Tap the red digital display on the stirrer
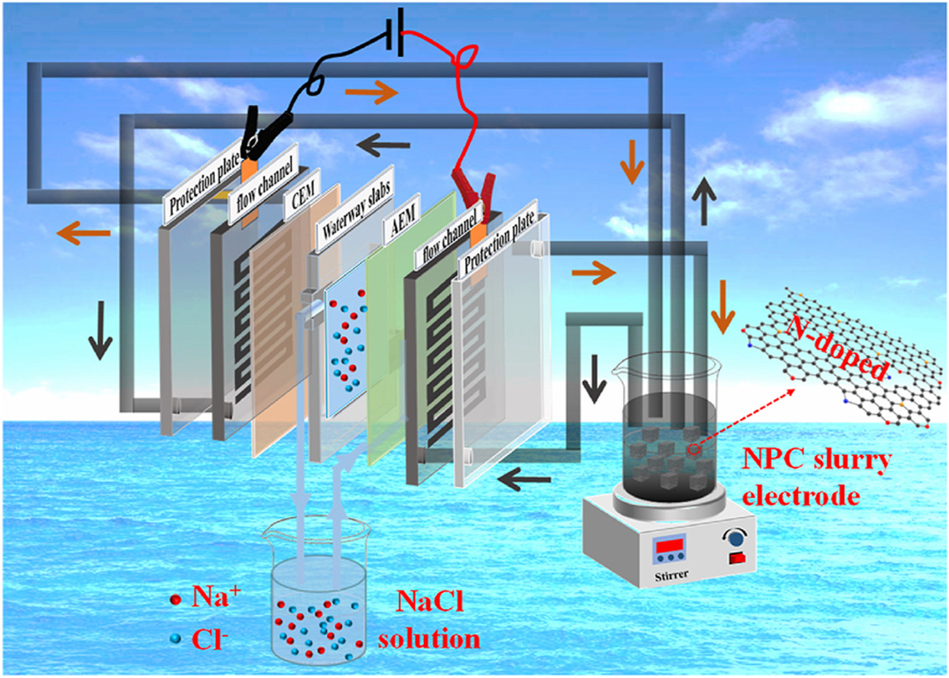(667, 546)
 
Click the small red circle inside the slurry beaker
(693, 451)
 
